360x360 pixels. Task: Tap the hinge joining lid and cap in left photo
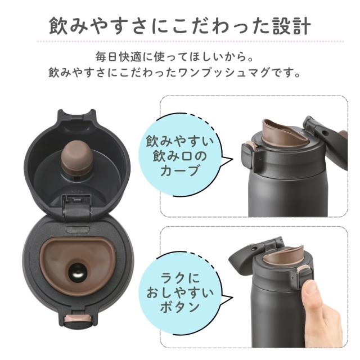pos(77,205)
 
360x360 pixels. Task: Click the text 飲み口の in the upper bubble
pos(179,156)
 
